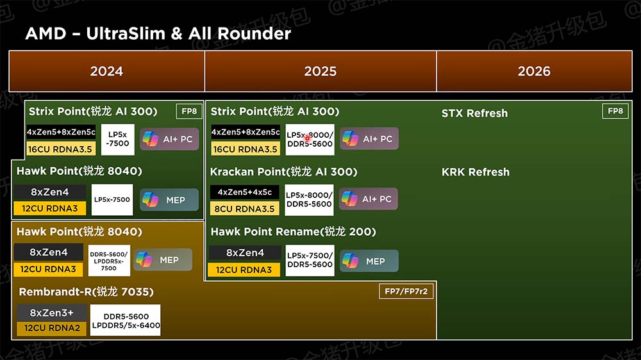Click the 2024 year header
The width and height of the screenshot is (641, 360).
106,71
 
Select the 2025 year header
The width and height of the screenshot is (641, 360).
320,71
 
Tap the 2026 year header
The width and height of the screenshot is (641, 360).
535,71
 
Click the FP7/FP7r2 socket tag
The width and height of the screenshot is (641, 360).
406,291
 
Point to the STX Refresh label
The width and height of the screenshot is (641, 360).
474,113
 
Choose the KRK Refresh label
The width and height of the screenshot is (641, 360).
476,172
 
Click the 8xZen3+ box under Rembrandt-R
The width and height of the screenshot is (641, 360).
51,313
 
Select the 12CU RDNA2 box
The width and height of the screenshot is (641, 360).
51,328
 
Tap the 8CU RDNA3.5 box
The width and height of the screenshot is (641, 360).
244,209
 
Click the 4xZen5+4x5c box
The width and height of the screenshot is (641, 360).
244,192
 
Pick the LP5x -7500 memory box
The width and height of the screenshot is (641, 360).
118,140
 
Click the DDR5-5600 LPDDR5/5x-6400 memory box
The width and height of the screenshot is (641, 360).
126,320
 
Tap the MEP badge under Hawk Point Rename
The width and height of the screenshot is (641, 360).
369,261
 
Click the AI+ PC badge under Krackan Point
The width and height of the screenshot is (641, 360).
369,199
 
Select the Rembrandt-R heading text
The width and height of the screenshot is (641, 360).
87,291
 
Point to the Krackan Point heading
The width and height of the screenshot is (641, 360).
284,172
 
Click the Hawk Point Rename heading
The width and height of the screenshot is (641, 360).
293,232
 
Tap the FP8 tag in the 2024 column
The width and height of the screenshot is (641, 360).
189,111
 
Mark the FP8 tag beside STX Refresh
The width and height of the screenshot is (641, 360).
615,111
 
